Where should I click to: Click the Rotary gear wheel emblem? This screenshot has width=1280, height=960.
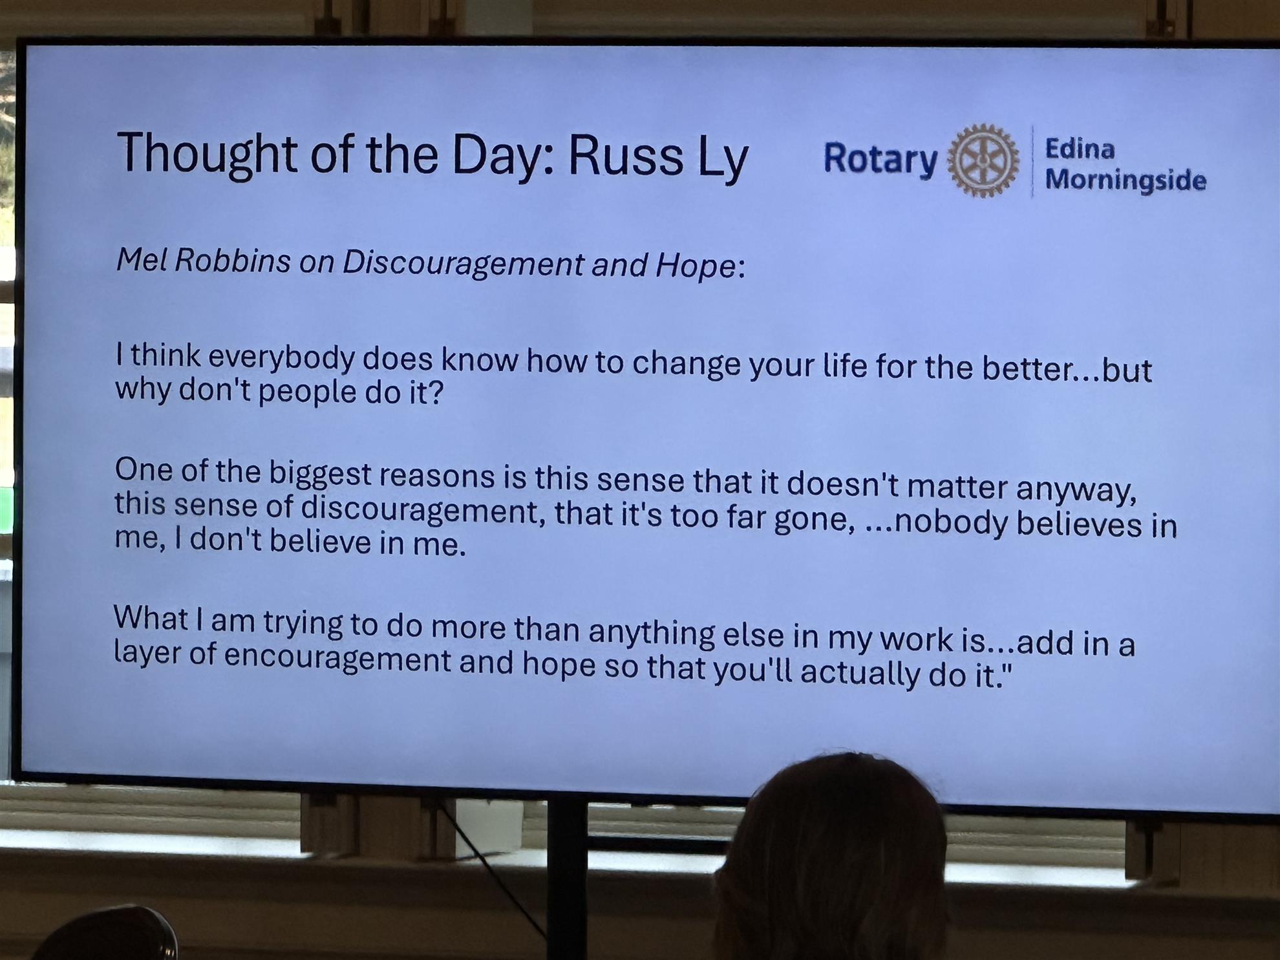coord(983,160)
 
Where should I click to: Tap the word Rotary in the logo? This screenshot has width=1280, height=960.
coord(880,159)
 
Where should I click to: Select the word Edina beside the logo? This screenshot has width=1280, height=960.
coord(1080,149)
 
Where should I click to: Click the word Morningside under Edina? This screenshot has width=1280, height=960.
coord(1125,179)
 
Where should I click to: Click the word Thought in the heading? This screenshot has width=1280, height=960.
coord(207,154)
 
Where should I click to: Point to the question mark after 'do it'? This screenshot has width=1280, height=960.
coord(436,392)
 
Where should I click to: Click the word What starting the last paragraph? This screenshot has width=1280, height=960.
coord(151,618)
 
